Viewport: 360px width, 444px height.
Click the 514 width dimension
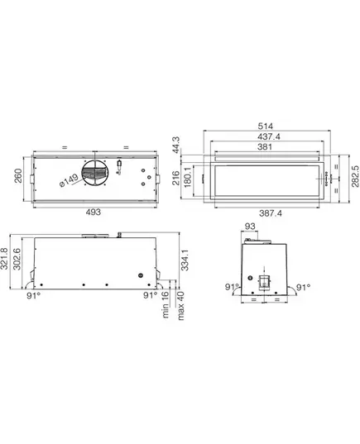tap(266, 126)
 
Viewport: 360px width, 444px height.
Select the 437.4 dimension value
tap(269, 136)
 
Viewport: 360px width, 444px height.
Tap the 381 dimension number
tap(265, 147)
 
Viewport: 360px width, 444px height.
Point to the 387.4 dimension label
tap(271, 213)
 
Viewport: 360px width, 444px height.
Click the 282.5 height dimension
tap(355, 177)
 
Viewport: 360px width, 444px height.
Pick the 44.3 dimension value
tap(176, 145)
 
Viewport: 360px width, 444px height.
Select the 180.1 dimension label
tap(188, 177)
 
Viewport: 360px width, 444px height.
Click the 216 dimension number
tap(176, 178)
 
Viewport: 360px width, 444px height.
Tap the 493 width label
tap(93, 212)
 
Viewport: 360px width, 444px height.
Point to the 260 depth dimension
tap(18, 176)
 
